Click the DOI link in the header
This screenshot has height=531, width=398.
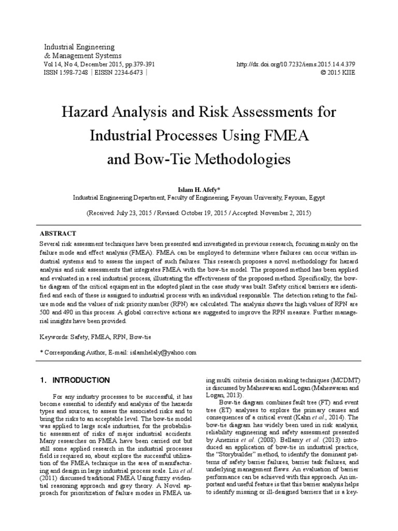(295, 64)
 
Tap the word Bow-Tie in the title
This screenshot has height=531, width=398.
(161, 158)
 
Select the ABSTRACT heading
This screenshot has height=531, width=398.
(58, 234)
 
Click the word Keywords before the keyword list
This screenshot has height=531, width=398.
(54, 337)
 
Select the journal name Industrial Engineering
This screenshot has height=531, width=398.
(79, 47)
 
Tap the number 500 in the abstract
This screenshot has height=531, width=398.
(46, 313)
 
